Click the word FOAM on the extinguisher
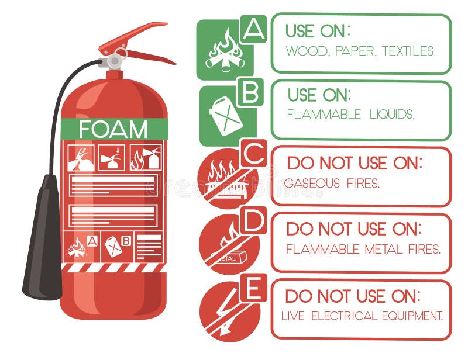point(113,129)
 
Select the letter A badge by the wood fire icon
point(253,29)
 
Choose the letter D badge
point(253,220)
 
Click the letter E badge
point(253,288)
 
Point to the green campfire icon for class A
point(223,51)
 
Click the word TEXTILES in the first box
point(409,51)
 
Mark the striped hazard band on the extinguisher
point(114,267)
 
